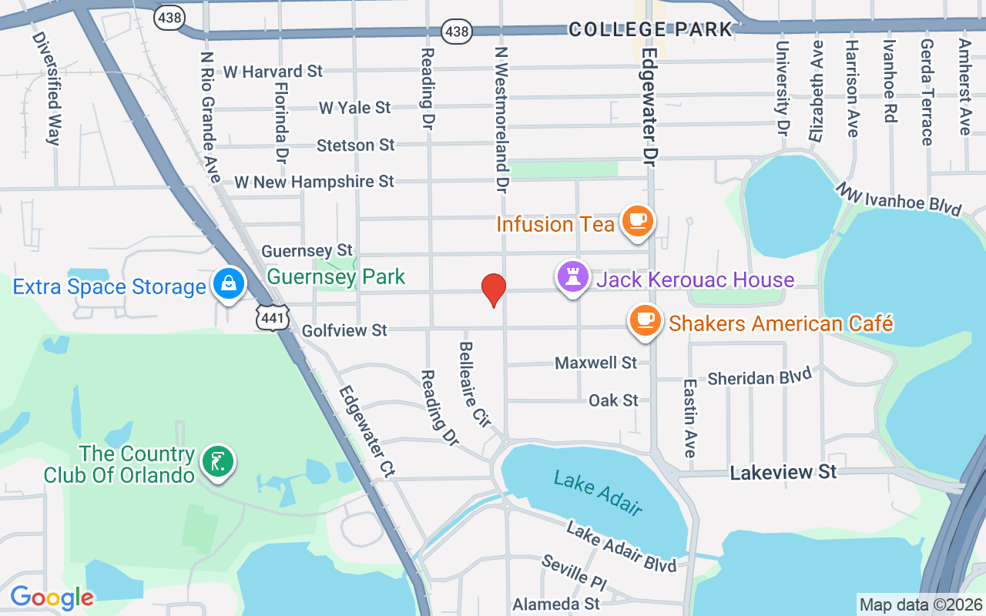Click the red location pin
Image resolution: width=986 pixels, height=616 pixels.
493,290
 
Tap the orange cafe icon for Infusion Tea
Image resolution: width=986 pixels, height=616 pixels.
637,221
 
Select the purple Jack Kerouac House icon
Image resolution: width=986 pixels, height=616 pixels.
573,277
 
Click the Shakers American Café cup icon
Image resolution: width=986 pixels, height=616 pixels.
645,320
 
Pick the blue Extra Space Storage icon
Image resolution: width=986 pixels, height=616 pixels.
229,284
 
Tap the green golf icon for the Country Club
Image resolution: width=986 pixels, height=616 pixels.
217,462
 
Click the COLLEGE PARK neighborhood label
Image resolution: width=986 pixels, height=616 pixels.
650,29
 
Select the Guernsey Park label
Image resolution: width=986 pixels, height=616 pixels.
336,276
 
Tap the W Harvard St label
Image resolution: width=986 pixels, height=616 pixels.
273,72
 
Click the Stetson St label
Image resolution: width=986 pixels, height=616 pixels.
356,145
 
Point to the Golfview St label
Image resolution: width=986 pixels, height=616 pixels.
344,330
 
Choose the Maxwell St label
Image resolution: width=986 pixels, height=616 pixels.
596,362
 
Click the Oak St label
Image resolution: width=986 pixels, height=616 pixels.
613,400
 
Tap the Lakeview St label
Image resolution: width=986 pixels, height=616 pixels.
783,472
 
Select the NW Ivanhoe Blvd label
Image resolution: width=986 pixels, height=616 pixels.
899,199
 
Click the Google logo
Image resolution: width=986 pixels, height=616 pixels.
52,598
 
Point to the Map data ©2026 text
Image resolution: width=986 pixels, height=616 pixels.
921,604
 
